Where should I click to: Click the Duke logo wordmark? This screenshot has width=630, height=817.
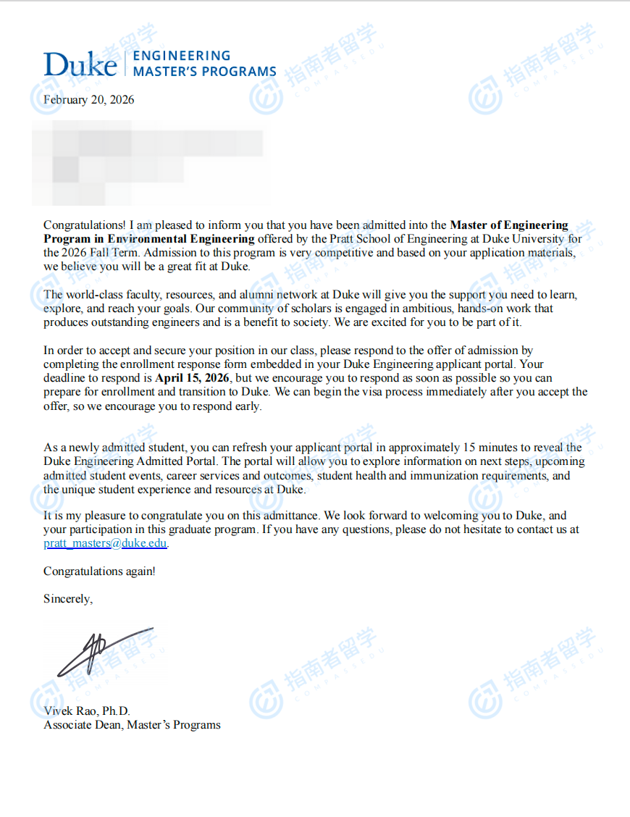coord(80,64)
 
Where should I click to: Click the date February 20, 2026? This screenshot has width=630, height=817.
coord(88,100)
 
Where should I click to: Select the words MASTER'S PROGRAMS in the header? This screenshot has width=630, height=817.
coord(204,72)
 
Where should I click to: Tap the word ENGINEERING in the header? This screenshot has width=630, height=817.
coord(182,56)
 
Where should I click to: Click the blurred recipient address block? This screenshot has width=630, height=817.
coord(148,163)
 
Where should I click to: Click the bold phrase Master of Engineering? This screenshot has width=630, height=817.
coord(509,225)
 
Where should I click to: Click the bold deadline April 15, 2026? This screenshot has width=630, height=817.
coord(193,378)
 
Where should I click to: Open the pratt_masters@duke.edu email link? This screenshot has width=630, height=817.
coord(106,543)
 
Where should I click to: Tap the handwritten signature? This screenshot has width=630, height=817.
coord(105,648)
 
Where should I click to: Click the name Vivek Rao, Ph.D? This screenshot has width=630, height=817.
coord(87,711)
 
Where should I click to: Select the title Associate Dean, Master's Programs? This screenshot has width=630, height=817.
coord(132,725)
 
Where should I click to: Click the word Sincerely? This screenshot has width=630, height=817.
coord(68,599)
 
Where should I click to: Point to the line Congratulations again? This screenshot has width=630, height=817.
coord(99,571)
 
